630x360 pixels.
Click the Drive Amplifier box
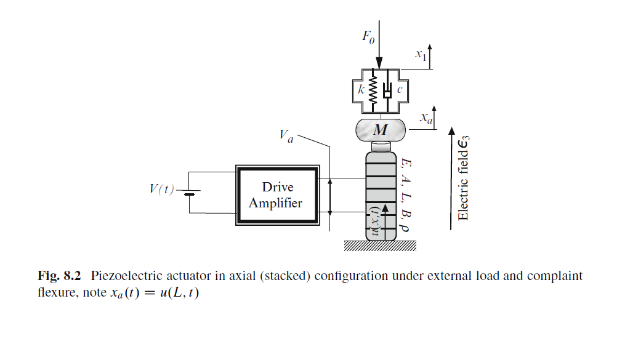278,195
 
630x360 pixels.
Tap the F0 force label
368,37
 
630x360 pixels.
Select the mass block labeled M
381,130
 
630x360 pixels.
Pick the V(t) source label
161,189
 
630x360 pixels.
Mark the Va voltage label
286,136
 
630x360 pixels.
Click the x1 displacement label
421,55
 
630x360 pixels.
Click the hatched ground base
380,246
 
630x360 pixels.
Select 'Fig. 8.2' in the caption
59,276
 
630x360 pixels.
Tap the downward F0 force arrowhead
379,63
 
